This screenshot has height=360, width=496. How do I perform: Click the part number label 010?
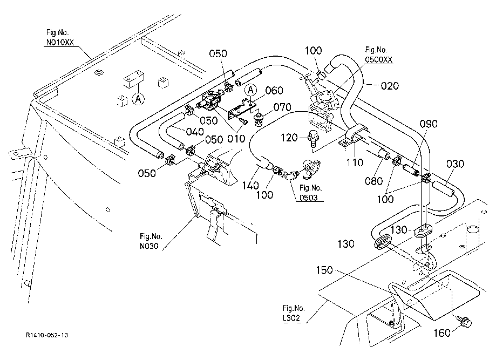[x=236, y=139]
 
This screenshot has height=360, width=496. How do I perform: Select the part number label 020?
[x=390, y=86]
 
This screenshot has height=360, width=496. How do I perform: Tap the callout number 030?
[x=455, y=164]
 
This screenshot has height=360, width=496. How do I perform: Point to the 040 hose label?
[x=195, y=131]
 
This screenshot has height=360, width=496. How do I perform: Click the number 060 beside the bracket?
[x=274, y=91]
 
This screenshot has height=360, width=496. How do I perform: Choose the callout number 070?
[x=282, y=107]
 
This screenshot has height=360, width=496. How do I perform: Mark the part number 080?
[x=373, y=181]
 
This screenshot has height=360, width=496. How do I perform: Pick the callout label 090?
[x=429, y=124]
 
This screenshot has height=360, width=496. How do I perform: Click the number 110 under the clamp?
[x=355, y=162]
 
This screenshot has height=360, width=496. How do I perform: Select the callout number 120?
[x=289, y=138]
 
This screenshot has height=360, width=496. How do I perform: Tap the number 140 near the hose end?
[x=250, y=185]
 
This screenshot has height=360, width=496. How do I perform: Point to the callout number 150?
[x=324, y=270]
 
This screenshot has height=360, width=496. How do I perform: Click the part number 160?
[x=441, y=333]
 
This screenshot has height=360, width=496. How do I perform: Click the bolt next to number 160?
[x=464, y=321]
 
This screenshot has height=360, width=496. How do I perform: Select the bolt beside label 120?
[x=313, y=139]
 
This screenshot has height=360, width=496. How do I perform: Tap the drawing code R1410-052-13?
[x=47, y=335]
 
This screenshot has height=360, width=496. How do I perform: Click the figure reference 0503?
[x=308, y=198]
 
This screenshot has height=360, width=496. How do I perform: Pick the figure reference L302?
[x=291, y=318]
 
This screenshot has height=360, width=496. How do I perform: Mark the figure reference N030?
[x=149, y=246]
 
